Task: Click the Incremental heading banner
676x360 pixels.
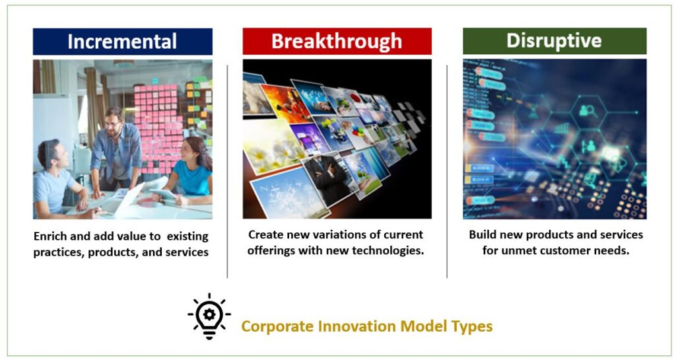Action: pyautogui.click(x=122, y=42)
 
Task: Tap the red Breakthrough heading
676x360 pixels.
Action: pyautogui.click(x=337, y=42)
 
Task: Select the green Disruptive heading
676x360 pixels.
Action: pyautogui.click(x=555, y=41)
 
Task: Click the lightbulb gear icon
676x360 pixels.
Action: pyautogui.click(x=209, y=316)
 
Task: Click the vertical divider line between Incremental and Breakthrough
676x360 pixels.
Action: pyautogui.click(x=227, y=172)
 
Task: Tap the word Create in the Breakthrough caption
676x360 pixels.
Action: pyautogui.click(x=263, y=234)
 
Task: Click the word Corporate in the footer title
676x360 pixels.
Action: pyautogui.click(x=277, y=326)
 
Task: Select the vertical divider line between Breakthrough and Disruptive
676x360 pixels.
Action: pyautogui.click(x=447, y=172)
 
